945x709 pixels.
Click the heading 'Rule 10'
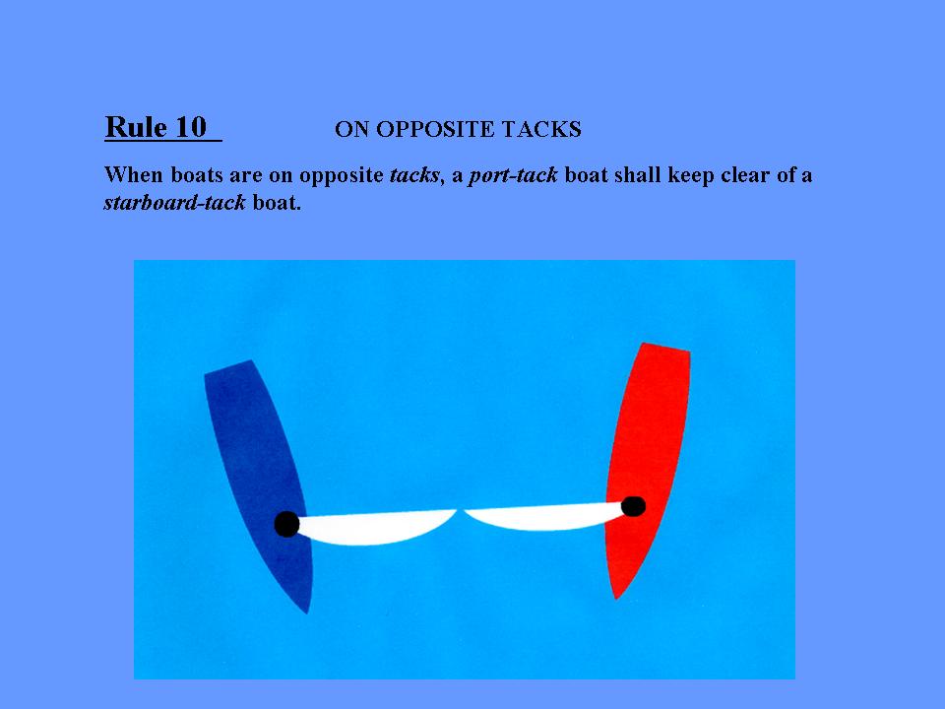(157, 127)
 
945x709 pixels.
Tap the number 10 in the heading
(191, 127)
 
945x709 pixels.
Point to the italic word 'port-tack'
(514, 175)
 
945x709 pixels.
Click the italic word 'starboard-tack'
(175, 203)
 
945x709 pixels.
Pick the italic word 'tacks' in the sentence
(414, 175)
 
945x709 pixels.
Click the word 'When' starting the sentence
(134, 175)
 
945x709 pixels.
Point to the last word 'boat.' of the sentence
(277, 203)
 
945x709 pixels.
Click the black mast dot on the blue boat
(286, 524)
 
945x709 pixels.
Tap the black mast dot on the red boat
(633, 506)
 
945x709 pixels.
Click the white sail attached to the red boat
(542, 517)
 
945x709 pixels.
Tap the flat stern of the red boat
(666, 347)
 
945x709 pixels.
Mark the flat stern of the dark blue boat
(227, 366)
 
